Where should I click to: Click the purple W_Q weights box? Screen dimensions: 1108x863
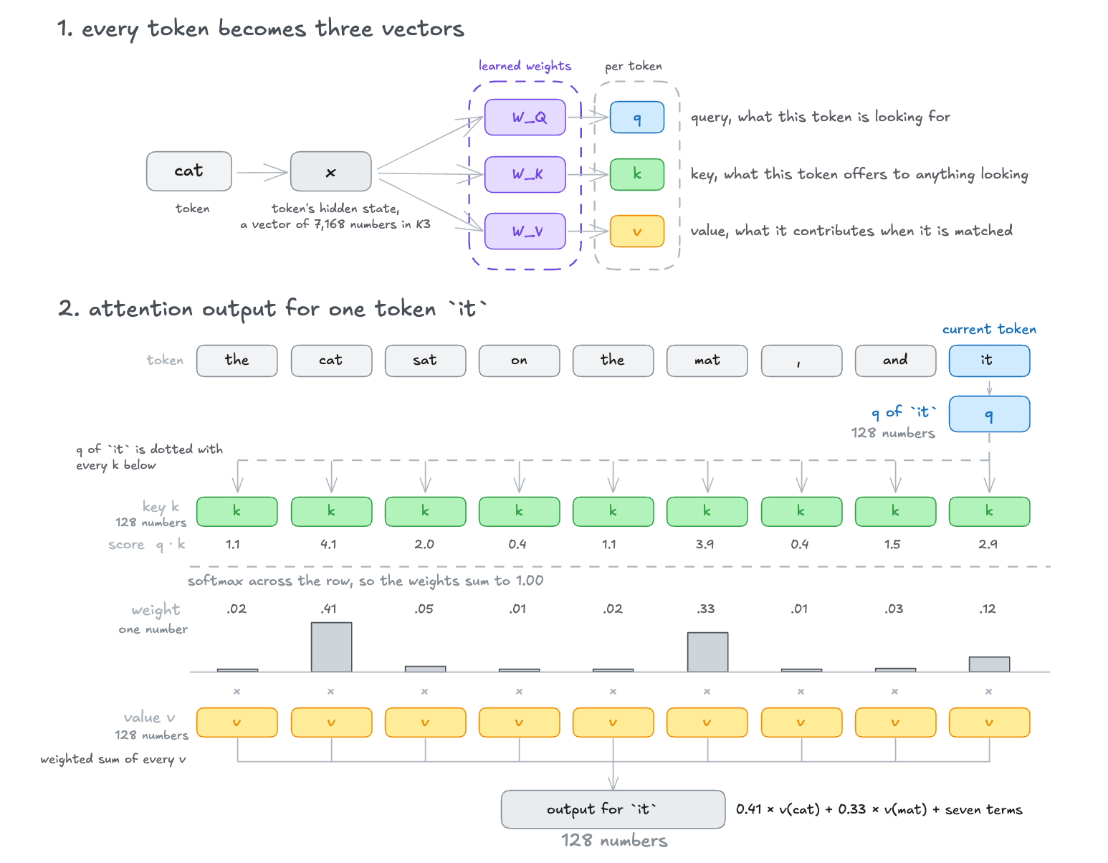click(x=525, y=118)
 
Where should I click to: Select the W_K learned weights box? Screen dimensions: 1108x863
click(x=525, y=174)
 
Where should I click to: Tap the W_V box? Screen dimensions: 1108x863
click(x=525, y=232)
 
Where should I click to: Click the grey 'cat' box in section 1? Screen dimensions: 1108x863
click(x=188, y=171)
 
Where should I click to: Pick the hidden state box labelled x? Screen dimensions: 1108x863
click(x=330, y=171)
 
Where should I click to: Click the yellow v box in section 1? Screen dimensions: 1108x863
click(x=637, y=232)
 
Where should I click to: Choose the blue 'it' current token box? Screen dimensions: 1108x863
click(x=989, y=361)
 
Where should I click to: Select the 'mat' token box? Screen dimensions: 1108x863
click(x=707, y=361)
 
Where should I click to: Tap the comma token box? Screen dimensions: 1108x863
click(x=801, y=361)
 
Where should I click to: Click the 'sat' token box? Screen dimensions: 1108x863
click(x=425, y=361)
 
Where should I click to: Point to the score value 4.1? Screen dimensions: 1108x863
click(x=328, y=544)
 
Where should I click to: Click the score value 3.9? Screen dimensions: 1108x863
click(x=705, y=544)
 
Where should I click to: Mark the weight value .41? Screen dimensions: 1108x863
click(x=329, y=609)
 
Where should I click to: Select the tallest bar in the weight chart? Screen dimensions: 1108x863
click(x=331, y=647)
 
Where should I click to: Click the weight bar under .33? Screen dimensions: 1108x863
click(x=707, y=652)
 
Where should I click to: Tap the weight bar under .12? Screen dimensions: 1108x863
click(x=989, y=664)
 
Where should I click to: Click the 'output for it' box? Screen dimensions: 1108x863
click(x=612, y=809)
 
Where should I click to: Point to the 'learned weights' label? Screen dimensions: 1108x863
click(x=524, y=66)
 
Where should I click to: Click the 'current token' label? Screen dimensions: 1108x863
click(x=989, y=329)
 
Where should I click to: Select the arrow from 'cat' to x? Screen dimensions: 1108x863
click(x=262, y=172)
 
